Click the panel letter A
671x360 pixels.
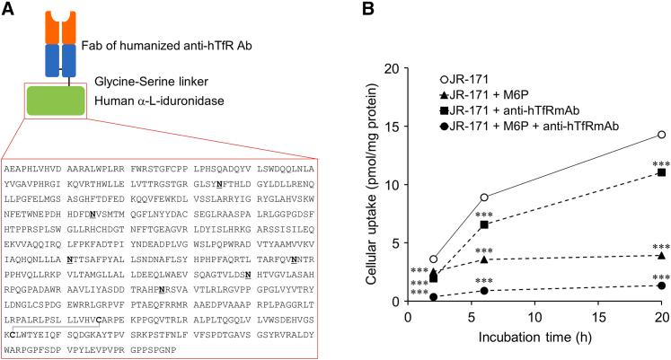(8, 9)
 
